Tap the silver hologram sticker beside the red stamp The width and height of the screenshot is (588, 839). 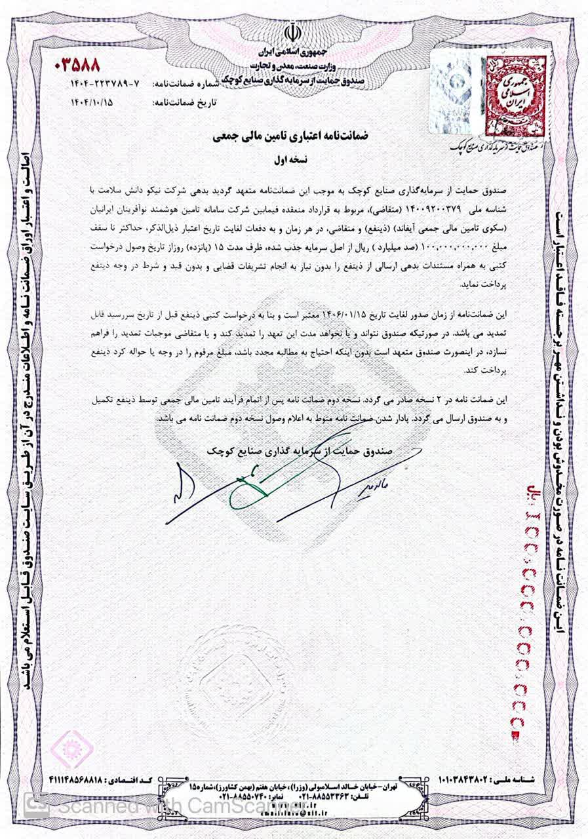pos(457,91)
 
